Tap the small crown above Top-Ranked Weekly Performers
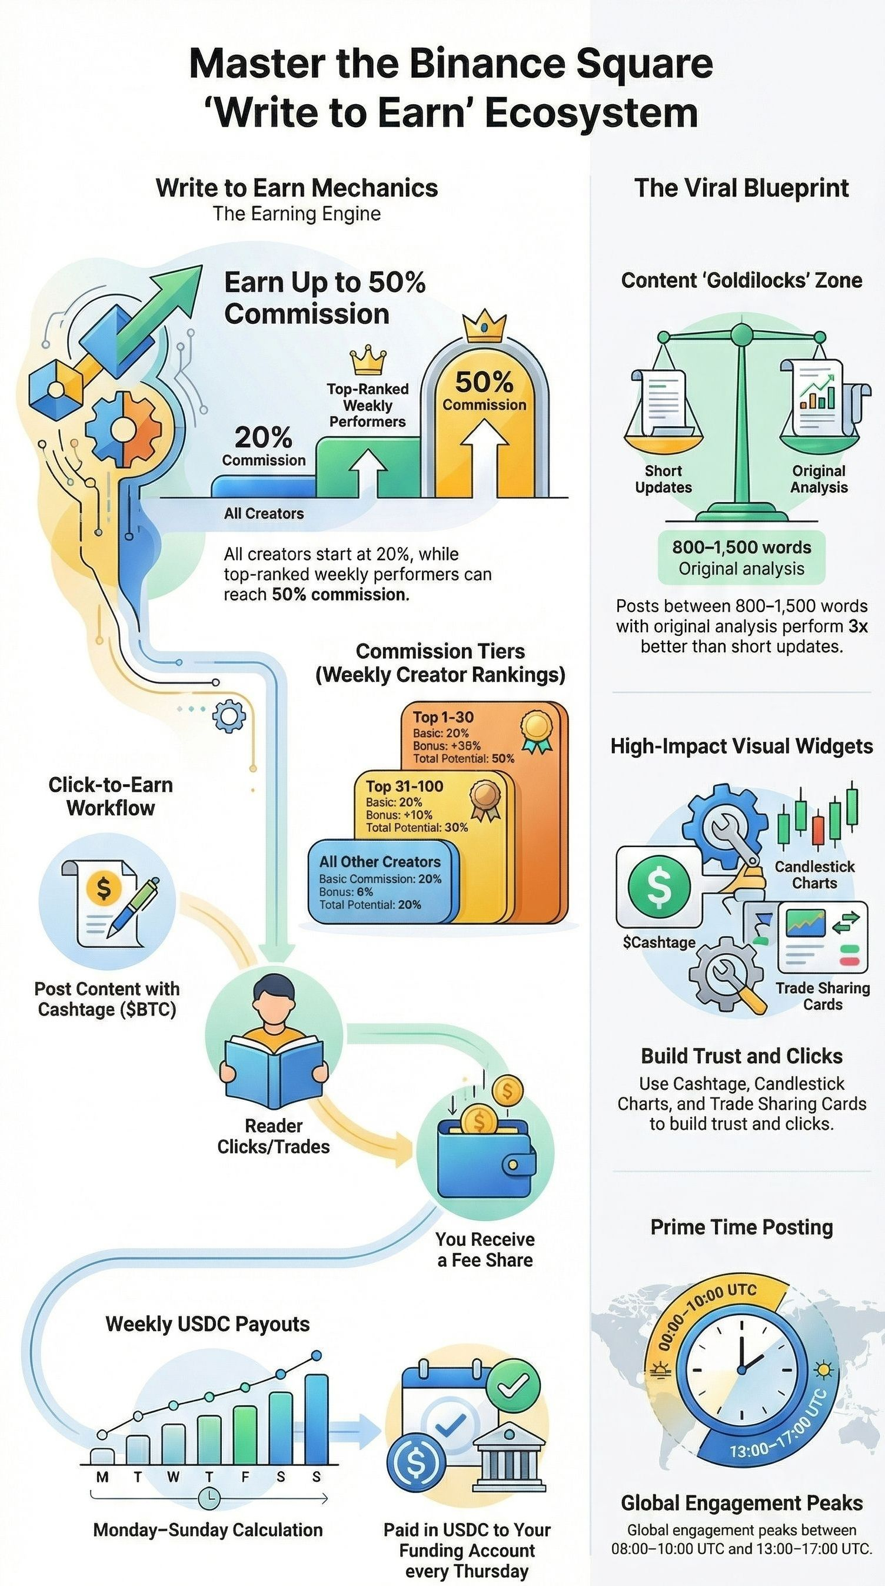pos(367,361)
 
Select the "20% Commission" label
pos(264,446)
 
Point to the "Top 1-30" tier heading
pos(443,716)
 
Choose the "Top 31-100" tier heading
pos(404,786)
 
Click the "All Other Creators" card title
pos(380,861)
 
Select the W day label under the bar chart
pos(174,1476)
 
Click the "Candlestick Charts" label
pos(814,874)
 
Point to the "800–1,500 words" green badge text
pos(741,547)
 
